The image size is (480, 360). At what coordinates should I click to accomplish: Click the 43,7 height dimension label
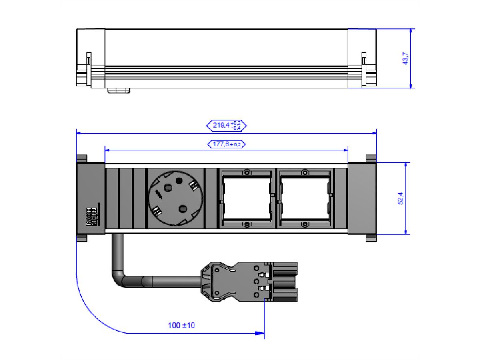(x=406, y=58)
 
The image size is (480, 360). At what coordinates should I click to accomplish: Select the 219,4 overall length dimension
(x=226, y=126)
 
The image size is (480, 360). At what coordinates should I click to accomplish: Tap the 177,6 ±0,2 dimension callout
(x=226, y=144)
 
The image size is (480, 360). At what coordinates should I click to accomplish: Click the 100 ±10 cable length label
(x=181, y=325)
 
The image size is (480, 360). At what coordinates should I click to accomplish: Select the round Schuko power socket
(x=176, y=198)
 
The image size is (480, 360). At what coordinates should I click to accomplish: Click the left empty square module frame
(x=247, y=198)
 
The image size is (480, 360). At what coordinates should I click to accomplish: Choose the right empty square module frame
(x=305, y=198)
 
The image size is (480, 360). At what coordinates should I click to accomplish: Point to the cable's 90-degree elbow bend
(x=120, y=278)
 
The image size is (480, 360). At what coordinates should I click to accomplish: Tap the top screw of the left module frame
(x=247, y=173)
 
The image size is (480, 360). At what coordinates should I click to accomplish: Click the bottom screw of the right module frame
(x=305, y=224)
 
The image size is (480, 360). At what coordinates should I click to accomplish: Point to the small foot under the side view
(x=119, y=91)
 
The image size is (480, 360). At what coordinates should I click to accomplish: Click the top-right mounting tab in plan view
(x=371, y=159)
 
